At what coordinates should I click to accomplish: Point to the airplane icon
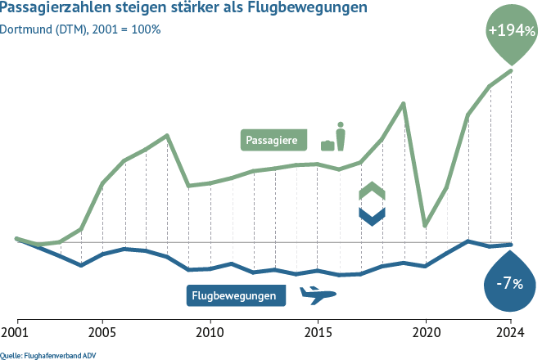tap(318, 295)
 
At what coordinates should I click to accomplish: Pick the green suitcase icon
tap(327, 145)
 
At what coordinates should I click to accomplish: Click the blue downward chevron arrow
tap(372, 215)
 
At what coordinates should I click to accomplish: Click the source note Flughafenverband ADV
tap(55, 354)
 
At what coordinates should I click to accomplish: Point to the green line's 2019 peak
tap(404, 103)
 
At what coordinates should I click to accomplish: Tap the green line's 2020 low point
tap(426, 225)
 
